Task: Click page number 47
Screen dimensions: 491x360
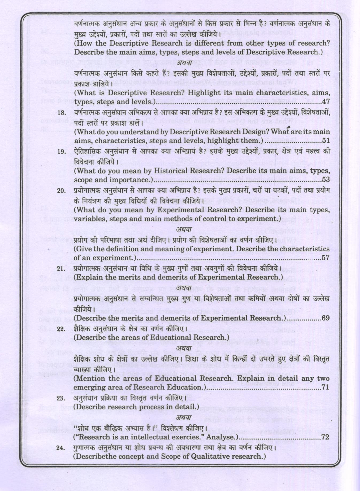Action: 326,102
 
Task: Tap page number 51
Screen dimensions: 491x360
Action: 326,141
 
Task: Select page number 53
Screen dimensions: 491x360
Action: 326,180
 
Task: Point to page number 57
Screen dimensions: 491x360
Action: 326,258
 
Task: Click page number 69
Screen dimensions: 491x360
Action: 326,318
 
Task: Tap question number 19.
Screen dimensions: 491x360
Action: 61,152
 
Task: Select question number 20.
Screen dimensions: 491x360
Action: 61,191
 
